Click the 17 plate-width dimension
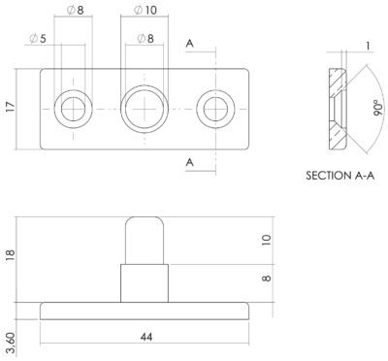point(11,107)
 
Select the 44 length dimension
point(146,337)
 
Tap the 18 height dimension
point(11,255)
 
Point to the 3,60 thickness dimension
point(11,345)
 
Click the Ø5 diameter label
point(38,39)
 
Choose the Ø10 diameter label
point(145,11)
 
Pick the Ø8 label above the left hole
point(76,11)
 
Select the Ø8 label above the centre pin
point(145,39)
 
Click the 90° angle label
point(378,108)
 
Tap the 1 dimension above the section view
point(368,46)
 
